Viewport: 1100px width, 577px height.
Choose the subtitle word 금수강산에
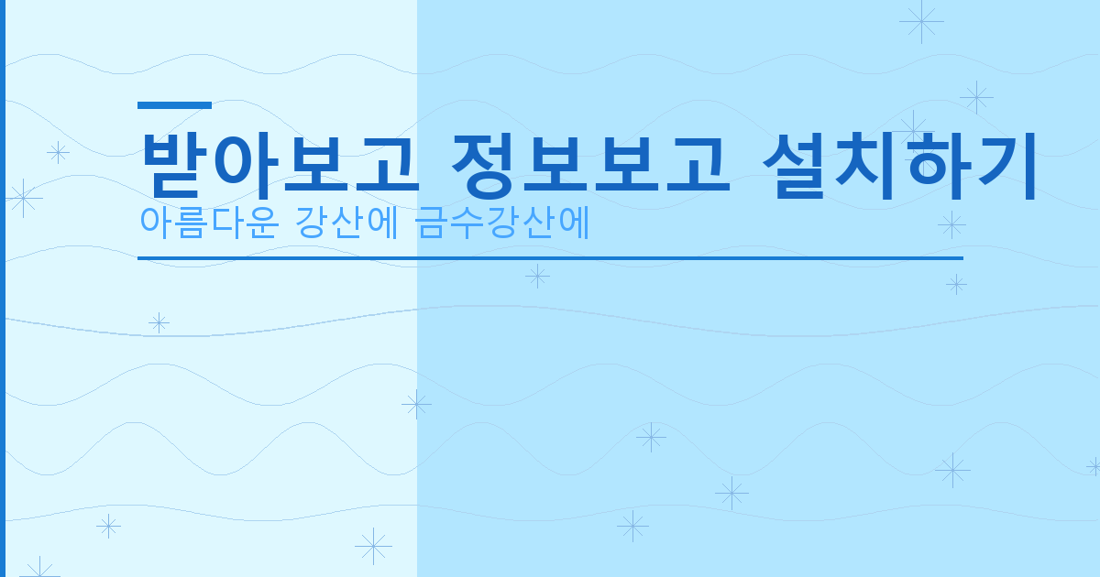pos(501,223)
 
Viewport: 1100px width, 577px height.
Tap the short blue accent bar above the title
pos(174,105)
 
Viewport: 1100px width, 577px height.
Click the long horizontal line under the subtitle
pos(550,258)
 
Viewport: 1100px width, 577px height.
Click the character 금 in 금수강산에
pos(432,223)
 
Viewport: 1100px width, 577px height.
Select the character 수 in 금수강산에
pos(467,223)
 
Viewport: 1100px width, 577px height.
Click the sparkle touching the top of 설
pos(913,127)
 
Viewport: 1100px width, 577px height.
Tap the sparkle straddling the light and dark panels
pos(416,404)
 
